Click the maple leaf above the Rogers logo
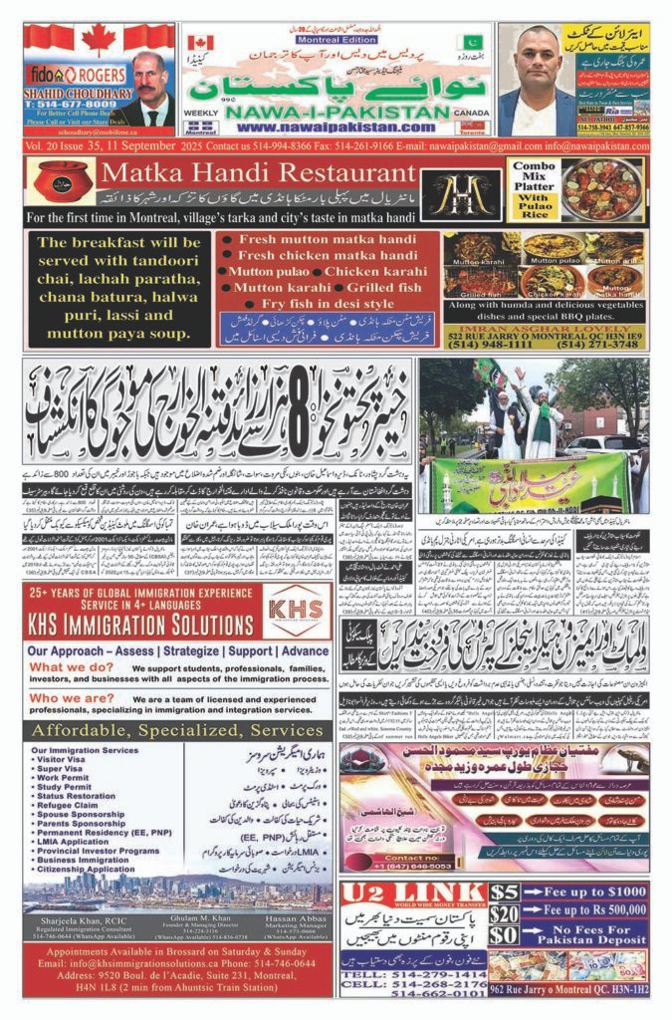[x=99, y=40]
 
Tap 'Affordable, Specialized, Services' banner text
[x=178, y=729]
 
